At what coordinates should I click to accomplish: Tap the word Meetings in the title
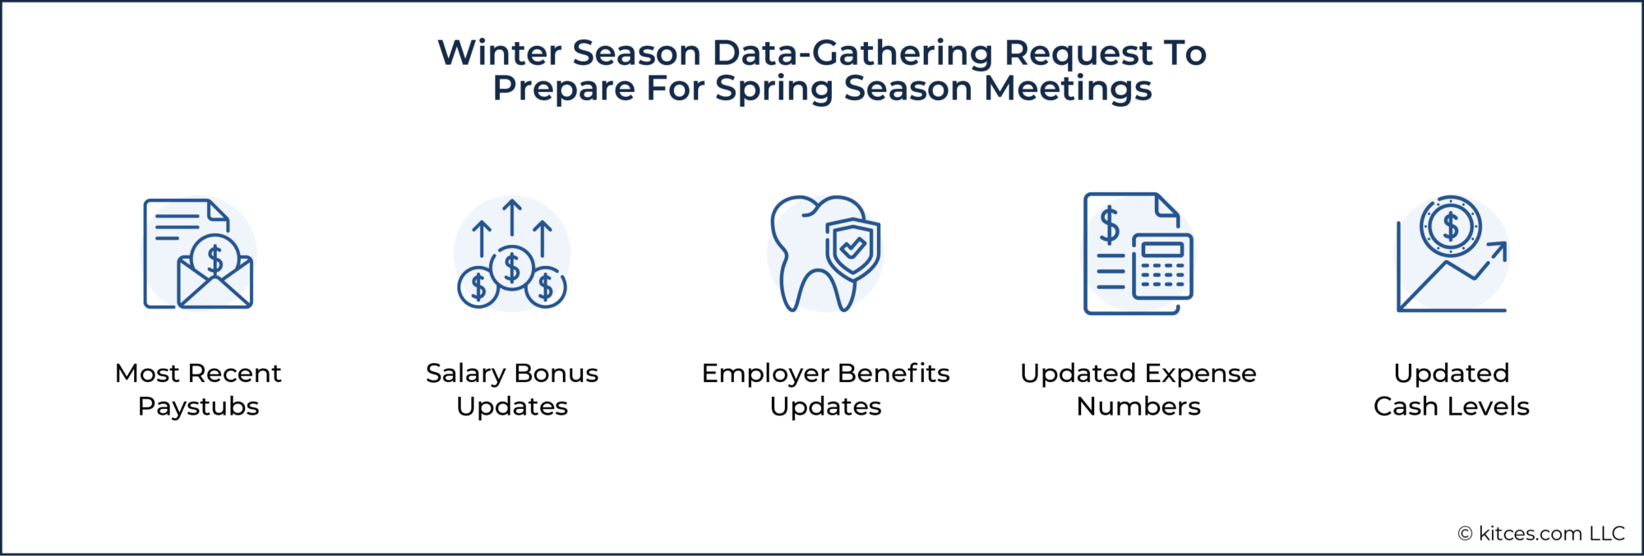(x=1068, y=89)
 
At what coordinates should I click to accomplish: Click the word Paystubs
(x=198, y=407)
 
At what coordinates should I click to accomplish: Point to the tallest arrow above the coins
(x=512, y=218)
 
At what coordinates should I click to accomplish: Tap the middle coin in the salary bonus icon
(x=512, y=268)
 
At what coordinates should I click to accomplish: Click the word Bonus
(x=556, y=374)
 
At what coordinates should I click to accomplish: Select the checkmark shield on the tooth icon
(x=853, y=248)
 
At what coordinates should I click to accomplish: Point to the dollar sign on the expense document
(x=1110, y=225)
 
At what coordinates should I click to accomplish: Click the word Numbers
(x=1138, y=407)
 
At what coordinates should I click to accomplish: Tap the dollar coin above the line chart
(x=1451, y=226)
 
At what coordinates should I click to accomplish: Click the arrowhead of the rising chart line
(x=1499, y=249)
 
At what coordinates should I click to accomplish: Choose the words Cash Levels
(x=1451, y=407)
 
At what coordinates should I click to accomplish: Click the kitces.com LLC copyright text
(x=1541, y=534)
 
